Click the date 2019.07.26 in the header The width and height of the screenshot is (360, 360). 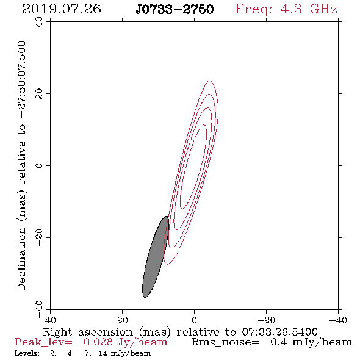pos(62,9)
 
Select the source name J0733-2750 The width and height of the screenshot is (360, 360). pos(175,10)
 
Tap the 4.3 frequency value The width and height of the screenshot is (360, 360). pos(291,9)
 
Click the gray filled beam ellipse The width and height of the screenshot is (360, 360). pos(156,257)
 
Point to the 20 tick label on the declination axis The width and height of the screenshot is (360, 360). pos(39,94)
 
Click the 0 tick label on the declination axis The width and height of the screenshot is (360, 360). pos(39,165)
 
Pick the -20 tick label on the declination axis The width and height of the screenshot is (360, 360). pos(39,237)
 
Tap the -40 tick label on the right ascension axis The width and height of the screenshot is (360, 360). pos(338,320)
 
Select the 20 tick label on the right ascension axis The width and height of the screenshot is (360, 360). pos(123,320)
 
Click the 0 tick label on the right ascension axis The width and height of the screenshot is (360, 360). pos(194,320)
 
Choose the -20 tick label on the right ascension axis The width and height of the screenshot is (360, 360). pos(266,320)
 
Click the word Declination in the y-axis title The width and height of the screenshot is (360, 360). pos(21,259)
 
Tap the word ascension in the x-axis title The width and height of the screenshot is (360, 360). pos(106,332)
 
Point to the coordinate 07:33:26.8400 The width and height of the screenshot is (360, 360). pos(279,332)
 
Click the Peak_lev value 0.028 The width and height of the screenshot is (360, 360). pos(98,342)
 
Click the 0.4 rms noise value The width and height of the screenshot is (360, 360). pos(279,342)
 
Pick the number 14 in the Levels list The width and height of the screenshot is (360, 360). pos(103,353)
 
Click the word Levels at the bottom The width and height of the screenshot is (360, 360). pos(27,353)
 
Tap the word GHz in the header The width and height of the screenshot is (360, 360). pos(323,9)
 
